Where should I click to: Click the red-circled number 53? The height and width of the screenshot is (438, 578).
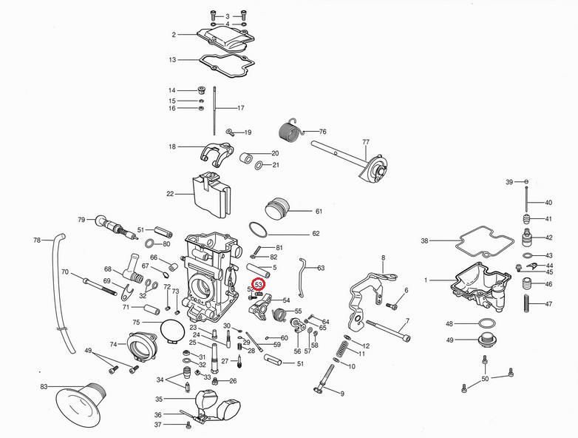[x=259, y=284]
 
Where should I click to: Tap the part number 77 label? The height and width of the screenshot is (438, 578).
[x=365, y=141]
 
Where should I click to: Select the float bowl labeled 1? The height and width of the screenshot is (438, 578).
[x=480, y=280]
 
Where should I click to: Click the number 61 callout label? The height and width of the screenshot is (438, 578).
[x=319, y=212]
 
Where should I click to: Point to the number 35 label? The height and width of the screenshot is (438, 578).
[x=158, y=399]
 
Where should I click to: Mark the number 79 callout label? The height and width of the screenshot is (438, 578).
[x=81, y=219]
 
